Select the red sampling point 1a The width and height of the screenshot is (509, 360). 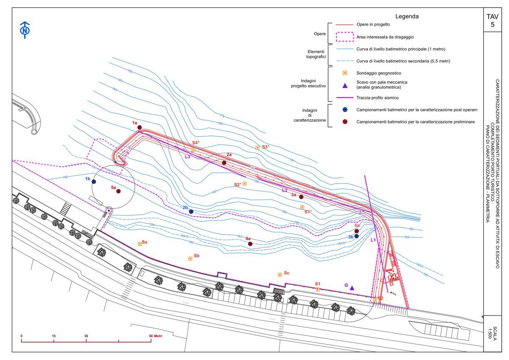[x=139, y=127]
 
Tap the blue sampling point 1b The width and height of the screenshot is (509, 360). [x=94, y=182]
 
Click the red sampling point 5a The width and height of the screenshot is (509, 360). [x=118, y=191]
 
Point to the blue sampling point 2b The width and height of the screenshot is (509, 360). [x=191, y=211]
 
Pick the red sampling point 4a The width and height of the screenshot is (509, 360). [x=250, y=244]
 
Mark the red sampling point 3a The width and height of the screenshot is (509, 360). [x=301, y=197]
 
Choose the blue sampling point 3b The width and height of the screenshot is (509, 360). [x=356, y=236]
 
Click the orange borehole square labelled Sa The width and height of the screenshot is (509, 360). [x=140, y=244]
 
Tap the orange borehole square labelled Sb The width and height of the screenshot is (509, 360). [x=190, y=258]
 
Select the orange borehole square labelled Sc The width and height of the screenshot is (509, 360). [x=280, y=275]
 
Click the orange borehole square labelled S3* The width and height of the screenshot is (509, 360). [x=257, y=148]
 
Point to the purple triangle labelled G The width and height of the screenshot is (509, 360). [x=352, y=288]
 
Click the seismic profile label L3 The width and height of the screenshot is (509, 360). [x=187, y=156]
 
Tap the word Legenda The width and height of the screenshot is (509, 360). [x=407, y=17]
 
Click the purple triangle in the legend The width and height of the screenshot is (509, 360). [x=345, y=86]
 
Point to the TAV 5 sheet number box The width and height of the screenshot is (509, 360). [x=492, y=20]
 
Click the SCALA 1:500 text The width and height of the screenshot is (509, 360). [x=492, y=334]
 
